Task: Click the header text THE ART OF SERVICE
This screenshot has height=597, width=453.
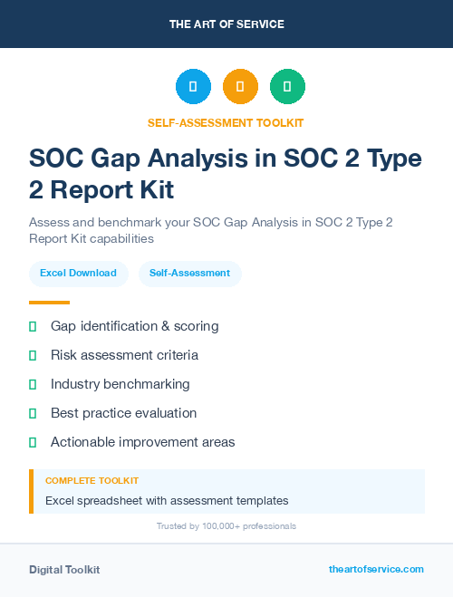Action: click(x=226, y=24)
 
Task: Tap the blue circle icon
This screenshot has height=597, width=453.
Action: click(x=193, y=87)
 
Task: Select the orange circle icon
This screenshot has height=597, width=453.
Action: click(x=240, y=87)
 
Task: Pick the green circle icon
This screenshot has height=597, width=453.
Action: click(x=287, y=87)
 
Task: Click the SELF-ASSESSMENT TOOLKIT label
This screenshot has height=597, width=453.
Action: click(x=226, y=122)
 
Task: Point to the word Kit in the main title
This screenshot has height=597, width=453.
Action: click(x=153, y=191)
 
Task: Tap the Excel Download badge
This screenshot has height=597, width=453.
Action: click(x=78, y=273)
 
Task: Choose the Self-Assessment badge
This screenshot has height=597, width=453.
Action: click(x=189, y=273)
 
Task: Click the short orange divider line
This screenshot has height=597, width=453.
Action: click(x=49, y=302)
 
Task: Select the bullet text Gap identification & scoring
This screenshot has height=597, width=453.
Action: click(x=134, y=326)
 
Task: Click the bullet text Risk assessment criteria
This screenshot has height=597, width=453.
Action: click(x=124, y=355)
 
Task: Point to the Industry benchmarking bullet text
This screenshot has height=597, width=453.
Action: click(x=120, y=384)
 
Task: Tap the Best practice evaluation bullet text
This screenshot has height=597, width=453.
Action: click(x=123, y=413)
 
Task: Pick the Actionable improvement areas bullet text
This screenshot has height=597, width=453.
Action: click(x=142, y=442)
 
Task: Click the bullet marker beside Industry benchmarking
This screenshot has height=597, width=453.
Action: click(x=33, y=384)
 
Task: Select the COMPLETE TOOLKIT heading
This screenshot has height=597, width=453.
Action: click(x=92, y=481)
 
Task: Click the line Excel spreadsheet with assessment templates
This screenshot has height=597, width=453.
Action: click(x=167, y=500)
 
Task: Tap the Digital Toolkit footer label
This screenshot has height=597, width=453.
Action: click(x=64, y=570)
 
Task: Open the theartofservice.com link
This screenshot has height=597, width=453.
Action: click(x=376, y=570)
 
